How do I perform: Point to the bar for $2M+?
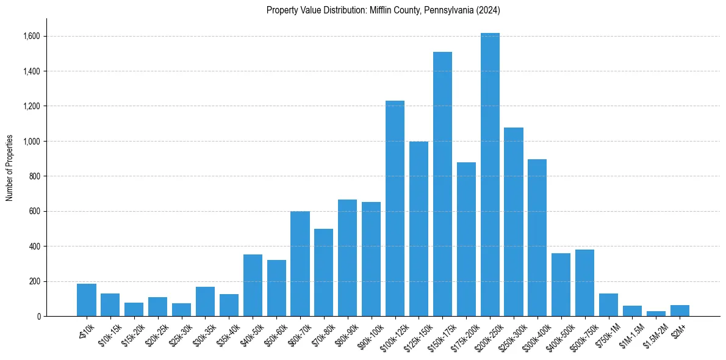680,311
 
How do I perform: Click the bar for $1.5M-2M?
656,314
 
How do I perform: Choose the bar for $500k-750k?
584,283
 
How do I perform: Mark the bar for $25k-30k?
181,310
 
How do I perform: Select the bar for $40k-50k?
253,286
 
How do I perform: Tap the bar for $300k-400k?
537,238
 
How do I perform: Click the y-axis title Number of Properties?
10,168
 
